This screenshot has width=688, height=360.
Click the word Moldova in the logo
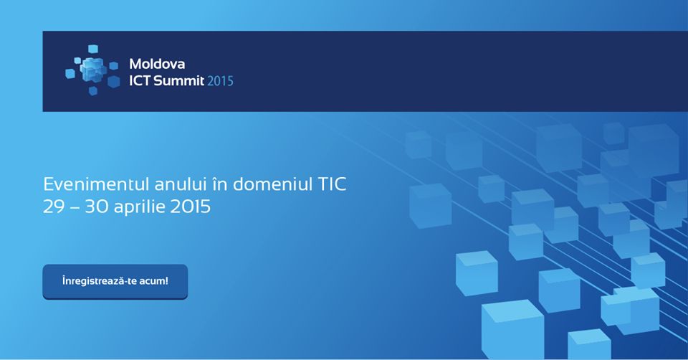coord(157,64)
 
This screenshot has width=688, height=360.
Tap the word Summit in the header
coord(179,81)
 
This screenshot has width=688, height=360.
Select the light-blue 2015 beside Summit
coord(220,81)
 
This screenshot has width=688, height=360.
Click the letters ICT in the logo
coord(140,81)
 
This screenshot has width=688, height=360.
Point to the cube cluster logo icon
coord(92,70)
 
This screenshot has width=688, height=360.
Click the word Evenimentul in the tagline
coord(97,184)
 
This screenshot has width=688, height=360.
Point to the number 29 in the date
coord(54,207)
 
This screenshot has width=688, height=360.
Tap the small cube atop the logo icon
coord(93,49)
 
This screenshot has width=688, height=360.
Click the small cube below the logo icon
coord(93,91)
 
